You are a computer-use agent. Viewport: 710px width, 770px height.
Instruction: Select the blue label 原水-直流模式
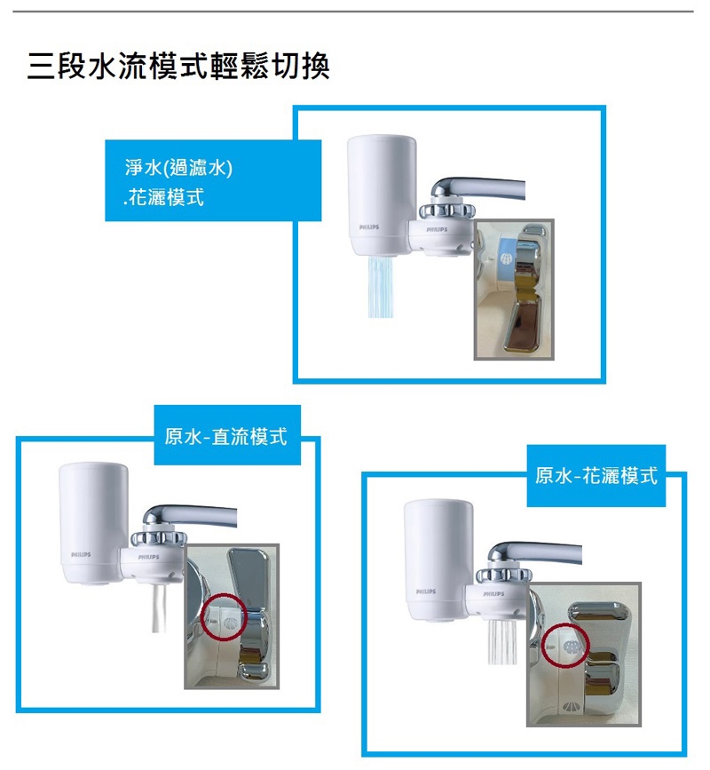[227, 435]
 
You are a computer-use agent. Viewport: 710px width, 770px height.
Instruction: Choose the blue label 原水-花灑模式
[596, 476]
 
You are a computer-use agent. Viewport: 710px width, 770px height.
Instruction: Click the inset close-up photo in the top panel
[514, 290]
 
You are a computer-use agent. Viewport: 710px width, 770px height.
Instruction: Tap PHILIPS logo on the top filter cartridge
[369, 228]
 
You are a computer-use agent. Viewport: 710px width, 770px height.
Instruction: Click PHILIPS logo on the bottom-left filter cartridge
[84, 555]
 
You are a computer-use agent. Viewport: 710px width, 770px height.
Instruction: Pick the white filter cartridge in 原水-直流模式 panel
[89, 524]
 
